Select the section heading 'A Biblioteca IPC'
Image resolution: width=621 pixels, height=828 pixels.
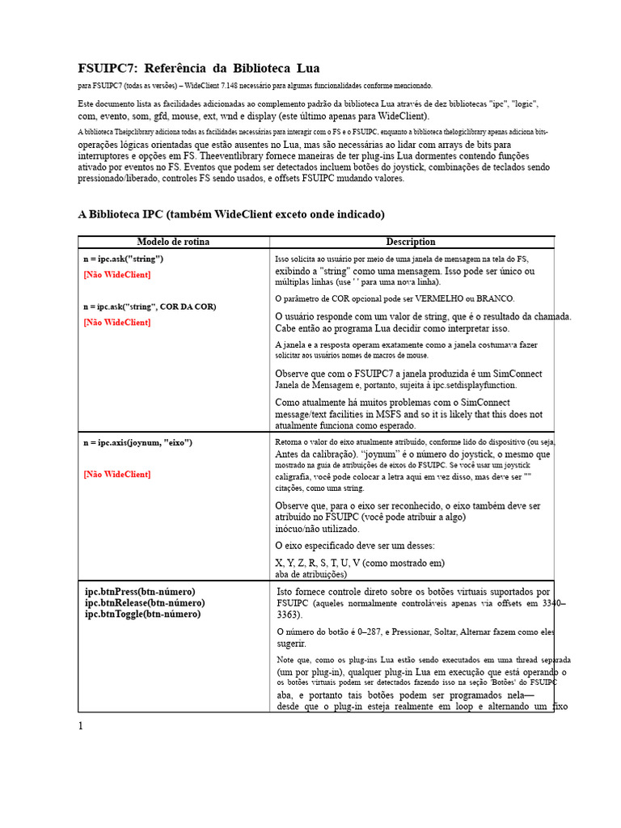[122, 214]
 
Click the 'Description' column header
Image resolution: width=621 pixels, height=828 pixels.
[411, 242]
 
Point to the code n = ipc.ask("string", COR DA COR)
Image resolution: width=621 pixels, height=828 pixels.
[150, 307]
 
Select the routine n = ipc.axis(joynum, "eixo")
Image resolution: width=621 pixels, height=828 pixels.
[137, 443]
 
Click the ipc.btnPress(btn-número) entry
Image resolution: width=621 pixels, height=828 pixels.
[140, 592]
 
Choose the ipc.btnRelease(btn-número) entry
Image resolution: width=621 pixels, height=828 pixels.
[144, 603]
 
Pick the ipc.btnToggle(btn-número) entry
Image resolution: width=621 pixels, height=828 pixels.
[142, 614]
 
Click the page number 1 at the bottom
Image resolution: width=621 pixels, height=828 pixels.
[81, 725]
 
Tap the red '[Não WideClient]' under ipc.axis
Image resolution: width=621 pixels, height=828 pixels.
[116, 474]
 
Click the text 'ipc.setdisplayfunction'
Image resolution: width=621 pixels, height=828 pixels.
[470, 386]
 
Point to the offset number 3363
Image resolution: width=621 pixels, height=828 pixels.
[289, 615]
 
